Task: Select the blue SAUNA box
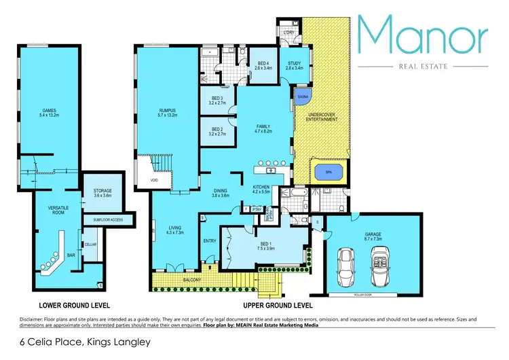(x=302, y=98)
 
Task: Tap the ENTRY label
(x=210, y=240)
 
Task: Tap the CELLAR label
(x=90, y=244)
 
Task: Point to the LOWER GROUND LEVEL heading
(x=75, y=305)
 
